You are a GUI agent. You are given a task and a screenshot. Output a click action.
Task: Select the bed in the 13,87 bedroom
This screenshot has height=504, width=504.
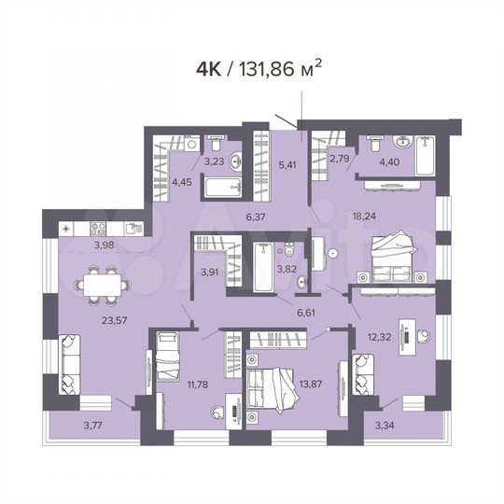tap(272, 384)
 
